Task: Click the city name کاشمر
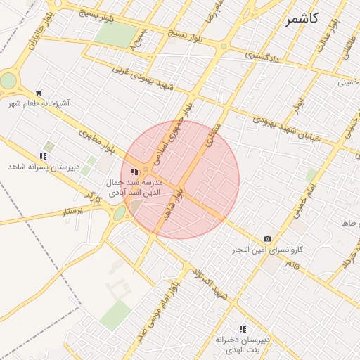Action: (302, 19)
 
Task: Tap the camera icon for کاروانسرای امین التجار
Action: (267, 239)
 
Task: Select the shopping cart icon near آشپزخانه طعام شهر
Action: (39, 92)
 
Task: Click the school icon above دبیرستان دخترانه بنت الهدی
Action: (243, 328)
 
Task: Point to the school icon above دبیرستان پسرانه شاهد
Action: (43, 156)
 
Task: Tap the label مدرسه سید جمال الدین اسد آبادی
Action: (134, 186)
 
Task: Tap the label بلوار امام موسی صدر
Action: (157, 306)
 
